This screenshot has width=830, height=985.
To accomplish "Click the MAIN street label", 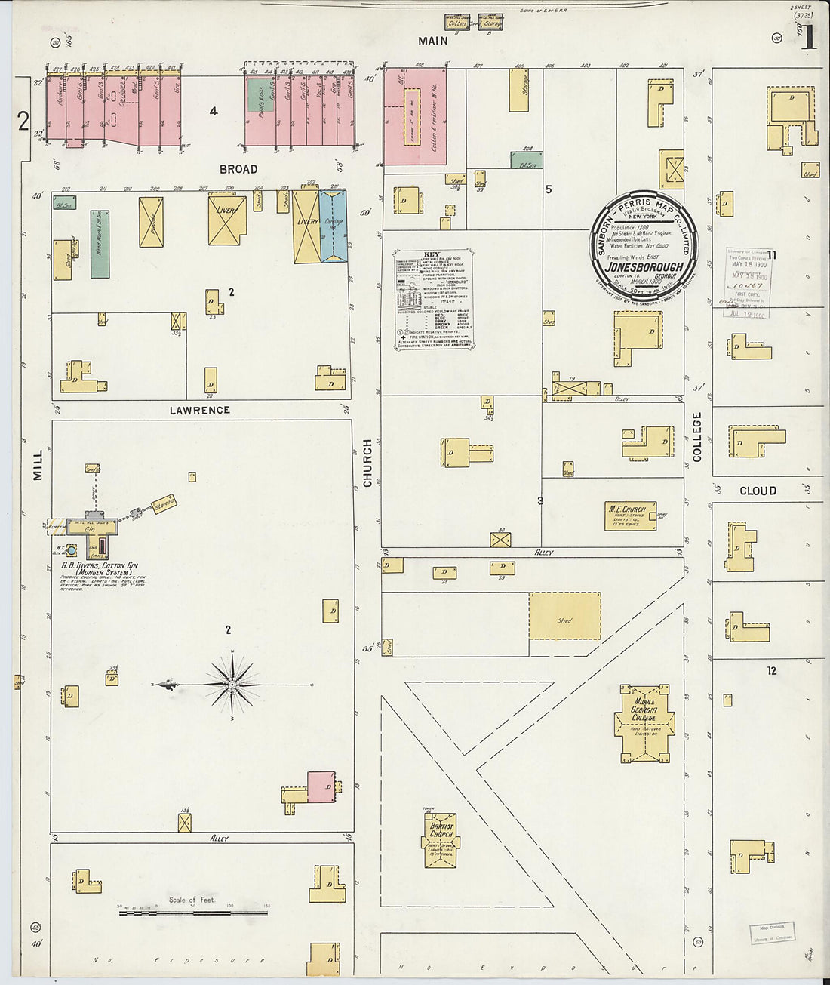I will click(x=433, y=41).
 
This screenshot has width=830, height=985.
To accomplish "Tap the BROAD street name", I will click(x=238, y=169).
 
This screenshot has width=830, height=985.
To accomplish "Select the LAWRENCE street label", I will click(x=199, y=410).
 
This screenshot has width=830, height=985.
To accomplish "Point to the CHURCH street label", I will click(x=368, y=462).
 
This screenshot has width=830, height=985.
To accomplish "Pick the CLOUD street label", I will click(x=758, y=491).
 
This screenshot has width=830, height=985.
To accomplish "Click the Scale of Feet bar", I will click(x=193, y=913).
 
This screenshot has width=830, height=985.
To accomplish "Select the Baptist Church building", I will click(x=441, y=839).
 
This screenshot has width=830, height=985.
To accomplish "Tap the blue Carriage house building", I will click(x=334, y=226).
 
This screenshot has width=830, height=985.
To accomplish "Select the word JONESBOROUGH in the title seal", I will click(x=644, y=266).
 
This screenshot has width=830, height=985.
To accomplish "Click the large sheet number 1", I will click(x=808, y=38).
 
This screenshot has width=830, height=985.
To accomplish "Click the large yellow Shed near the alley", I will click(x=564, y=616).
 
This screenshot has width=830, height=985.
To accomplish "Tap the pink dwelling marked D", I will click(x=321, y=786).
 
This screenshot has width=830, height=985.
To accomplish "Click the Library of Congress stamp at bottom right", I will click(x=772, y=933).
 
